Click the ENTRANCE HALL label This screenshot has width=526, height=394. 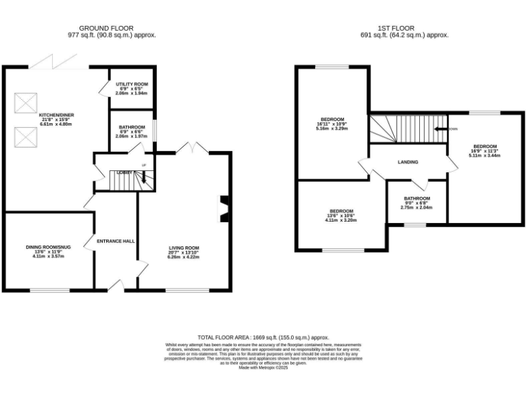pos(116,241)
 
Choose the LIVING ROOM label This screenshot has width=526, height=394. pos(184,248)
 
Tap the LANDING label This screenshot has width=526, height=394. pos(408,162)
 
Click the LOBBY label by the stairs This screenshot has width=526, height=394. pos(125,172)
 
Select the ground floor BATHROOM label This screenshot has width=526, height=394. pos(131,127)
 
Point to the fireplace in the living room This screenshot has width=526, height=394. pos(223,209)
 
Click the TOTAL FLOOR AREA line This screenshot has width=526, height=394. pos(263,337)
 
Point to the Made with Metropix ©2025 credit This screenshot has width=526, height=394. pos(263,368)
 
